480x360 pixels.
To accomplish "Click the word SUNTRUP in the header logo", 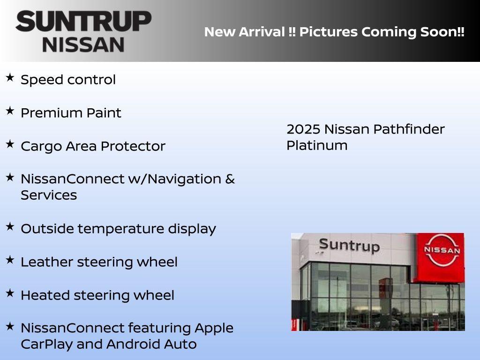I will (x=83, y=22).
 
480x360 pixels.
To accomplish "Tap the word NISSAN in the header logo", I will (x=83, y=45).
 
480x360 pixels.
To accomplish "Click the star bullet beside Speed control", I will (x=10, y=77).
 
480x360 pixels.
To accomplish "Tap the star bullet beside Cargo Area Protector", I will (x=10, y=144).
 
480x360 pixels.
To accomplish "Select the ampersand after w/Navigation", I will (x=230, y=179).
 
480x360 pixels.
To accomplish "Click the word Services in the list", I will (x=49, y=195).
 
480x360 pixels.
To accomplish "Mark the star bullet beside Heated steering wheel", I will (x=10, y=293).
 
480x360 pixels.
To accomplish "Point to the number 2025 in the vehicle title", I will (x=303, y=129).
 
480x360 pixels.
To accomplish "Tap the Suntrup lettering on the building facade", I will (x=349, y=245).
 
